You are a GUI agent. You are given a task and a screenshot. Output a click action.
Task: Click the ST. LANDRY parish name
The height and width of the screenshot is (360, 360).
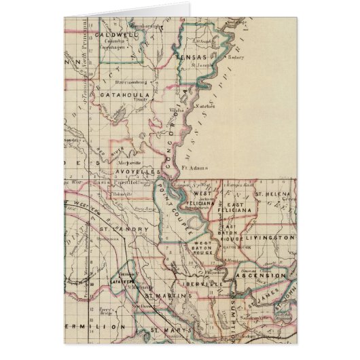124,230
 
